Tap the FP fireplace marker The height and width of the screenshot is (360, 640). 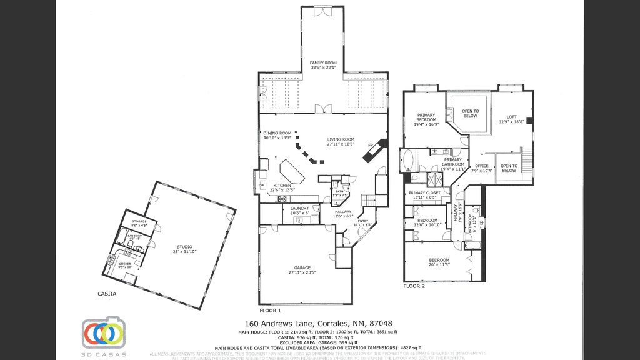pyautogui.click(x=371, y=146)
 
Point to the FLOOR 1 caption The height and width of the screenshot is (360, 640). pyautogui.click(x=270, y=310)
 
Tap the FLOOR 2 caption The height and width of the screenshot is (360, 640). pyautogui.click(x=414, y=286)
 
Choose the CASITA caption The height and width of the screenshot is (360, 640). pyautogui.click(x=106, y=292)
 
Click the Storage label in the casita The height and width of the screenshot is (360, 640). pyautogui.click(x=139, y=222)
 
